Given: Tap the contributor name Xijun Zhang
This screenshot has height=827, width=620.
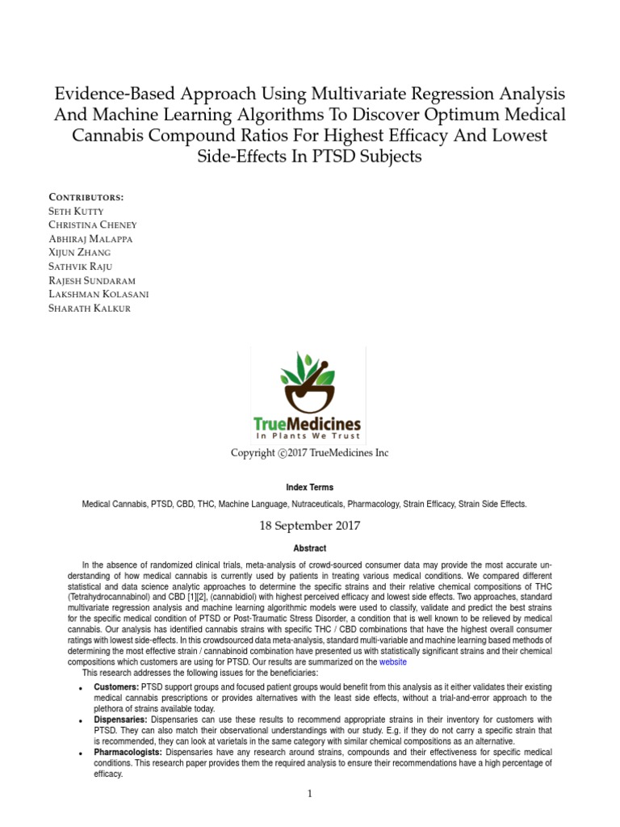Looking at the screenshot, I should coord(80,253).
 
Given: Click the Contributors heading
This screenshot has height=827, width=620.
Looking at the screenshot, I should coord(86,196).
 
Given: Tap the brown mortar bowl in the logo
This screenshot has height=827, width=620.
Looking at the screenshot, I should coord(308,397).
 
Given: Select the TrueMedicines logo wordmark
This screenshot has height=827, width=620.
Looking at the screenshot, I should coord(308,424).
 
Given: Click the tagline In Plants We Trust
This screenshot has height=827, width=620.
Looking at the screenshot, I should coord(308,437).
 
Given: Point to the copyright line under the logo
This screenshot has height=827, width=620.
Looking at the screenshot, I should coord(309,453).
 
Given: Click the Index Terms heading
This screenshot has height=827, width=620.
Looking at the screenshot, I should coord(309,488).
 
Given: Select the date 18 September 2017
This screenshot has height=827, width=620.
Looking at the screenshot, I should coord(309,526).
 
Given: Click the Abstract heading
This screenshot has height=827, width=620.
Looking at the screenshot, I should coord(309,548).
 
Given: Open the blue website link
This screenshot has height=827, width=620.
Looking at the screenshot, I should coord(393,661).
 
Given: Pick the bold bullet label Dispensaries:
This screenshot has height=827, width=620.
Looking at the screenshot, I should coord(121,719).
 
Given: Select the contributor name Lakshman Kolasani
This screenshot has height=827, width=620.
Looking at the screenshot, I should coord(99,294).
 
